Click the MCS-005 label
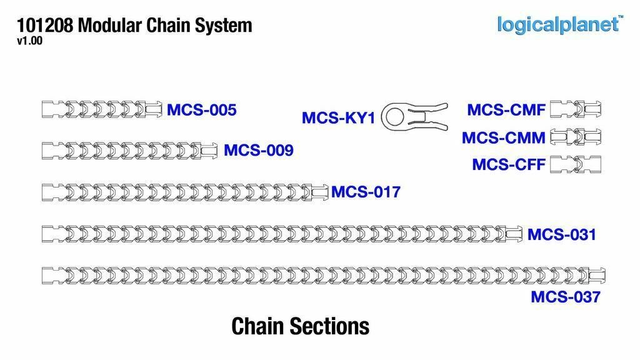tap(201, 111)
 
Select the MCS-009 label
tap(258, 151)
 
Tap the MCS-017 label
tap(365, 192)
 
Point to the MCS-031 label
tap(561, 235)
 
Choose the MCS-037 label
tap(565, 297)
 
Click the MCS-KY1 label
tap(338, 117)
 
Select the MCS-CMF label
tap(506, 111)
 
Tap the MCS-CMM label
tap(503, 137)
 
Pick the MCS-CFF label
tap(508, 165)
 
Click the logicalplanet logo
tap(559, 24)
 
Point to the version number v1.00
tap(29, 41)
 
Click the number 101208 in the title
tap(45, 26)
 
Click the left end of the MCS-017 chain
tap(50, 192)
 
